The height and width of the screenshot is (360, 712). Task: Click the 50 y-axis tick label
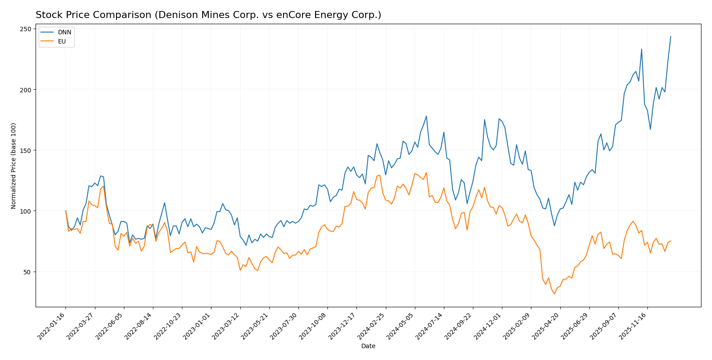pyautogui.click(x=28, y=272)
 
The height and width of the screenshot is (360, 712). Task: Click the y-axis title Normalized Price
pyautogui.click(x=14, y=166)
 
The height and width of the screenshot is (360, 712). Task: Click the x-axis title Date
pyautogui.click(x=368, y=346)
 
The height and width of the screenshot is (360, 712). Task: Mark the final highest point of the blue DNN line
pyautogui.click(x=671, y=36)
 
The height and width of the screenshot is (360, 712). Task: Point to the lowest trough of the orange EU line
pyautogui.click(x=554, y=294)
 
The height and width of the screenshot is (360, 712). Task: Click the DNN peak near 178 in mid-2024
pyautogui.click(x=426, y=116)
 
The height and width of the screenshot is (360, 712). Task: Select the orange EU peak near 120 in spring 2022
pyautogui.click(x=103, y=186)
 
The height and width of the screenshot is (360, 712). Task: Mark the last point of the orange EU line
pyautogui.click(x=671, y=241)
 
